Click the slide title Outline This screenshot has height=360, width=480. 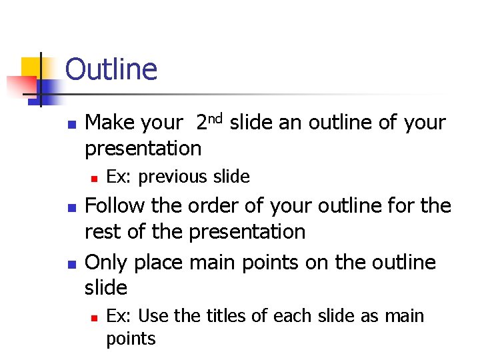(111, 69)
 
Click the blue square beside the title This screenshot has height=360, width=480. (50, 87)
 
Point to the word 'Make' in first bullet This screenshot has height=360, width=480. (109, 123)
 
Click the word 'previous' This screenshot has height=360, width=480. (173, 177)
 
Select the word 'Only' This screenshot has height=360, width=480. (107, 263)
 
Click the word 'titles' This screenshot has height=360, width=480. (219, 315)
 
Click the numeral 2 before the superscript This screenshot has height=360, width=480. (201, 123)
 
